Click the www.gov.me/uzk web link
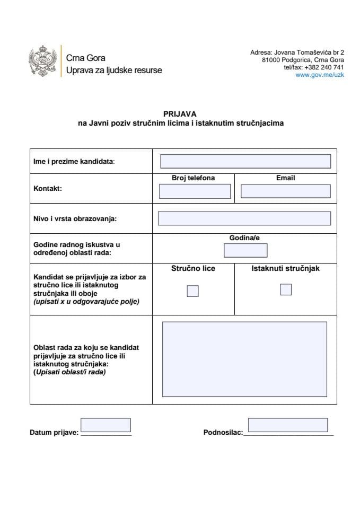click(x=320, y=75)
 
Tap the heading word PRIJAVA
click(x=180, y=113)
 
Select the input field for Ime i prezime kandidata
click(x=245, y=161)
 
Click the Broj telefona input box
click(x=195, y=191)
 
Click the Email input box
click(x=285, y=191)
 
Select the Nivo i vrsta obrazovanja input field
click(x=244, y=218)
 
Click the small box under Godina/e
click(x=245, y=250)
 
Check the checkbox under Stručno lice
click(x=192, y=291)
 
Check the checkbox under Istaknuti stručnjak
click(x=286, y=289)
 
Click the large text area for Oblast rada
click(x=244, y=359)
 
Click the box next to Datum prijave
click(x=106, y=425)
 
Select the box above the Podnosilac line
click(x=287, y=425)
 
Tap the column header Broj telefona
click(x=194, y=178)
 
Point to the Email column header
click(x=285, y=178)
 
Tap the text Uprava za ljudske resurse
click(x=114, y=70)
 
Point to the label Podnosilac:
click(x=223, y=433)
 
